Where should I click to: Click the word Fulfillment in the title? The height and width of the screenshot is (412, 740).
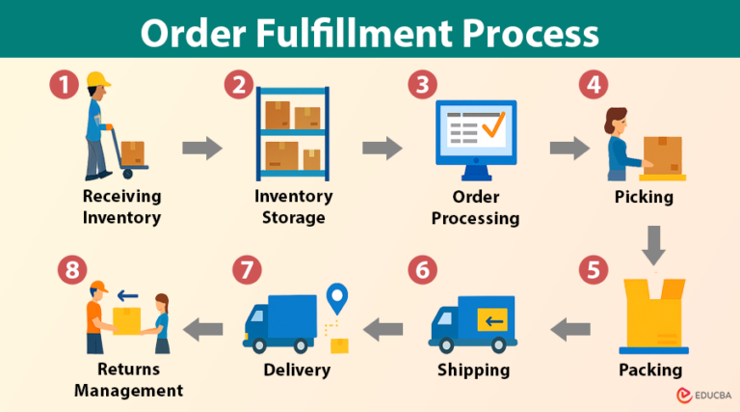pos(370,33)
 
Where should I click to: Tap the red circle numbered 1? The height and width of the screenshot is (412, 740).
pos(65,85)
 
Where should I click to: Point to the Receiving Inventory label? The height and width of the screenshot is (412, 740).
pos(121,206)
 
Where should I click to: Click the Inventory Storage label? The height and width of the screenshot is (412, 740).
pos(293,206)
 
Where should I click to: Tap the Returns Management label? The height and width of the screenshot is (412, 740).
pos(127,379)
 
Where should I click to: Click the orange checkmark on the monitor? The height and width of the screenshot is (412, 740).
pos(493,125)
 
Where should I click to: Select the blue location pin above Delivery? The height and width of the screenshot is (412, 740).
pos(336,298)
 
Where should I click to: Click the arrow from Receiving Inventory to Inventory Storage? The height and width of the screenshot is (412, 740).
pos(201,149)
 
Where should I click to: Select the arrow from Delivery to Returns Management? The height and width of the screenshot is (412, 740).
pos(204,328)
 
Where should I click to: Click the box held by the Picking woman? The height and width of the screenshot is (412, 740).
pos(662,152)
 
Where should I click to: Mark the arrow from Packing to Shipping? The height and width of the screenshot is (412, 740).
pos(570,329)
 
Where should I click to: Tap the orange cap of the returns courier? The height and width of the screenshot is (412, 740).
pos(96,287)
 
